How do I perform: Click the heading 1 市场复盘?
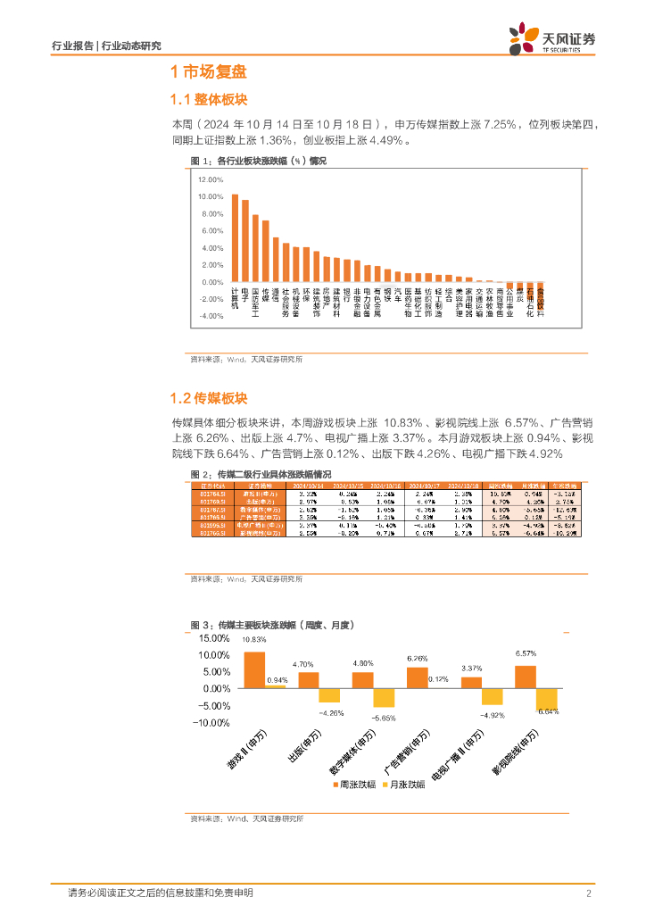[x=208, y=72]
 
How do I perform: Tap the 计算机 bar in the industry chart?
[x=235, y=237]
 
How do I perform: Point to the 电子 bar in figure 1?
[x=245, y=240]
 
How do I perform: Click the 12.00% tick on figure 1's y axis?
[x=210, y=179]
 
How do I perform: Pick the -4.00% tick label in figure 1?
[x=211, y=316]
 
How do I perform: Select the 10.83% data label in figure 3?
[x=254, y=640]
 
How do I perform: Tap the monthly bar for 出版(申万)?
[x=330, y=695]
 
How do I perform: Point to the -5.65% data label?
[x=384, y=718]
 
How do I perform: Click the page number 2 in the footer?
[x=589, y=893]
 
